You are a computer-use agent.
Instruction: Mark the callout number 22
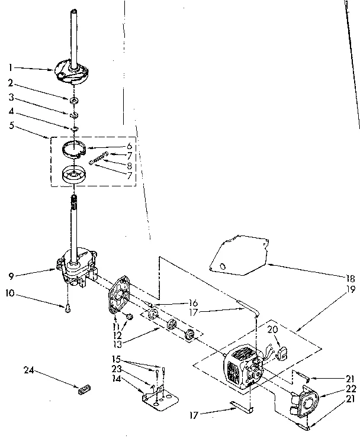[x=351, y=388]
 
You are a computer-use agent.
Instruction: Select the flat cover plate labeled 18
[x=237, y=255]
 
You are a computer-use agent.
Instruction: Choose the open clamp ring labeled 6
[x=77, y=149]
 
